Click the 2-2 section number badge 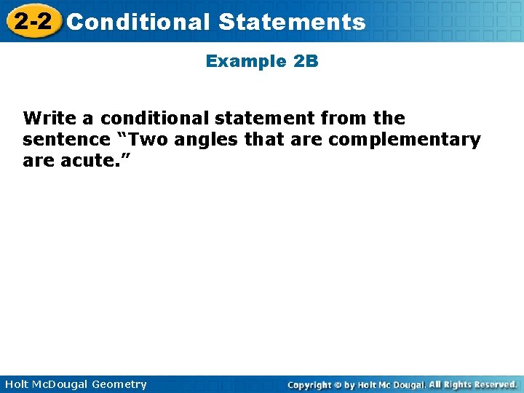[x=33, y=21]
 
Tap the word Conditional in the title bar [x=138, y=22]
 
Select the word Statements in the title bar [x=291, y=22]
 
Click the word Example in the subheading [x=247, y=61]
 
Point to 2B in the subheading [x=306, y=61]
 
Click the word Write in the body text [x=48, y=118]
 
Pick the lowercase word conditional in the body [x=152, y=118]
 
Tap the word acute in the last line [x=84, y=160]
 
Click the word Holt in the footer [x=17, y=384]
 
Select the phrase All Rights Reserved [x=472, y=384]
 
